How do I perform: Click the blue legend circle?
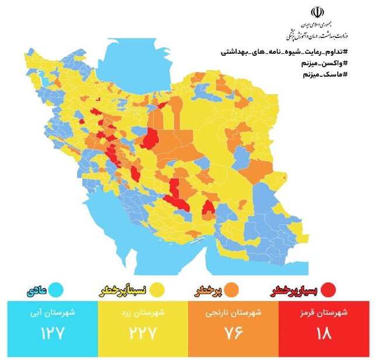pos(56,289)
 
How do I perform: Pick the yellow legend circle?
pos(156,289)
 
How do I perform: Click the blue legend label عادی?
pos(36,289)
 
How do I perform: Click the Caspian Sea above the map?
pos(131,64)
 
